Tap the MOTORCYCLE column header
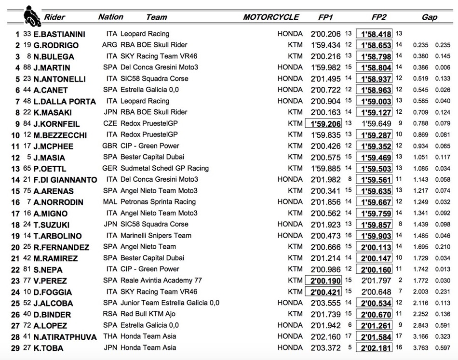click(x=271, y=17)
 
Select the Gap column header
click(x=429, y=17)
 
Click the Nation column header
click(x=110, y=17)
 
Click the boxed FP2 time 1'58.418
click(x=374, y=34)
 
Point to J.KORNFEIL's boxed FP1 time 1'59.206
click(x=323, y=123)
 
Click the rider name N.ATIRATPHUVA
click(x=65, y=337)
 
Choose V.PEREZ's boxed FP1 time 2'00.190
click(x=323, y=280)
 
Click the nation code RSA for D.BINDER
click(x=110, y=314)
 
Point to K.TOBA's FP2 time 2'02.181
click(x=374, y=348)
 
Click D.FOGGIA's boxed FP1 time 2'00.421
click(x=323, y=292)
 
